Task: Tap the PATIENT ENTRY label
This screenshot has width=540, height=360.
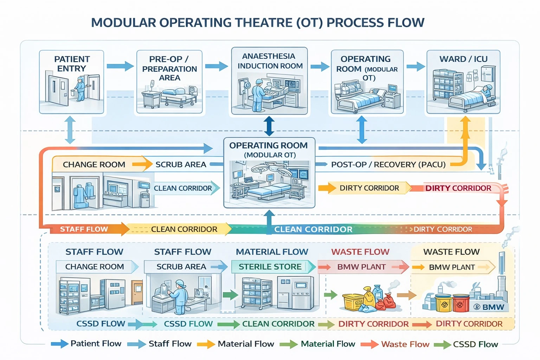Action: [72, 64]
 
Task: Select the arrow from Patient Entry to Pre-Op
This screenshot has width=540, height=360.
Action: [120, 66]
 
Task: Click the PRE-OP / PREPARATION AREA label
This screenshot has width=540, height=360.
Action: [169, 69]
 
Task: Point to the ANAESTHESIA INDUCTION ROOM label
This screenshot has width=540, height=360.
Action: [270, 61]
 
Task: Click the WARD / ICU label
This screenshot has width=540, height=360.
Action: [463, 59]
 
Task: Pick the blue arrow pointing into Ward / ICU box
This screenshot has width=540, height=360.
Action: [416, 66]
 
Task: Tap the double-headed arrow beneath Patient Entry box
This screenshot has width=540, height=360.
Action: [70, 130]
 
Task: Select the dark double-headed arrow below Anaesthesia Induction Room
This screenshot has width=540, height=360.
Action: [269, 126]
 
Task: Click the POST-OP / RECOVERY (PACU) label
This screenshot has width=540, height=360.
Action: [388, 165]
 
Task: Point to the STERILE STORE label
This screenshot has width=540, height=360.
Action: [270, 267]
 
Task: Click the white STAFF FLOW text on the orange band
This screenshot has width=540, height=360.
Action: [84, 229]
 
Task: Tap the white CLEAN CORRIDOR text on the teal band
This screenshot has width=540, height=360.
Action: [313, 229]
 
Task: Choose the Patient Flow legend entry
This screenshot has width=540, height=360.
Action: [86, 343]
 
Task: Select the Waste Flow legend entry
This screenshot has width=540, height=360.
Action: [395, 344]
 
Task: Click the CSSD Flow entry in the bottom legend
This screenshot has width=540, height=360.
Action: [466, 344]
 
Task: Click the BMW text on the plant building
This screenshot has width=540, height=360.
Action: [493, 307]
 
